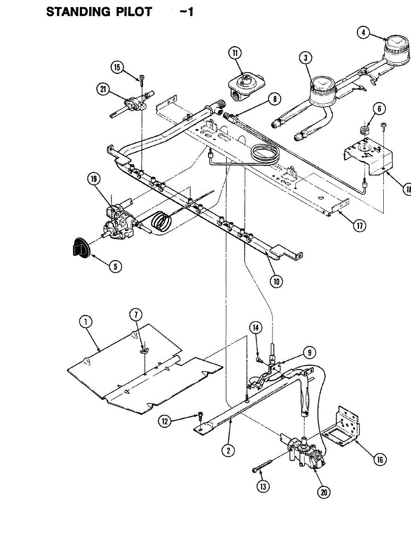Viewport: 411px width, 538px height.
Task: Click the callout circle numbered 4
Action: pos(363,33)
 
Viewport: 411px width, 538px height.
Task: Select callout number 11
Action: pos(234,53)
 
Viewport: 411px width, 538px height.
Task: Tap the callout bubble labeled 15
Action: pos(117,68)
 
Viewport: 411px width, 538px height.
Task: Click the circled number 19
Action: pos(93,180)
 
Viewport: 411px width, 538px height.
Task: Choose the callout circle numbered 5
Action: pos(115,266)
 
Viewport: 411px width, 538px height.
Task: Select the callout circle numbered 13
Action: pos(264,486)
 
